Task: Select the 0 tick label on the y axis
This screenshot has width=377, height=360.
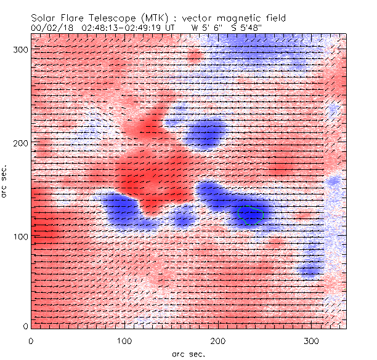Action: (x=25, y=326)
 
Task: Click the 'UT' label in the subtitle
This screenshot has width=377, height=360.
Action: (x=171, y=28)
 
